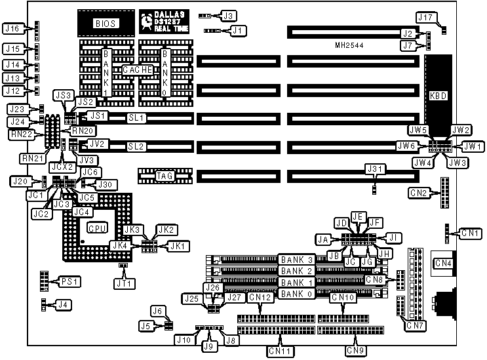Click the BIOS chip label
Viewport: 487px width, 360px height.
tap(105, 24)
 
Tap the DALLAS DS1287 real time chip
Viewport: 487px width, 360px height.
tap(163, 22)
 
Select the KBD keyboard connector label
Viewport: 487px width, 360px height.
tap(438, 96)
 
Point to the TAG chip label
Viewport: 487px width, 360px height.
tap(165, 175)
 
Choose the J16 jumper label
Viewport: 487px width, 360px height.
tap(13, 28)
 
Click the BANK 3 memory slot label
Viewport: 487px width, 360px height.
tap(297, 260)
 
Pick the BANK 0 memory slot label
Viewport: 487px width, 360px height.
tap(297, 294)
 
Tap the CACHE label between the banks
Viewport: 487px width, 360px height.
tap(138, 70)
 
